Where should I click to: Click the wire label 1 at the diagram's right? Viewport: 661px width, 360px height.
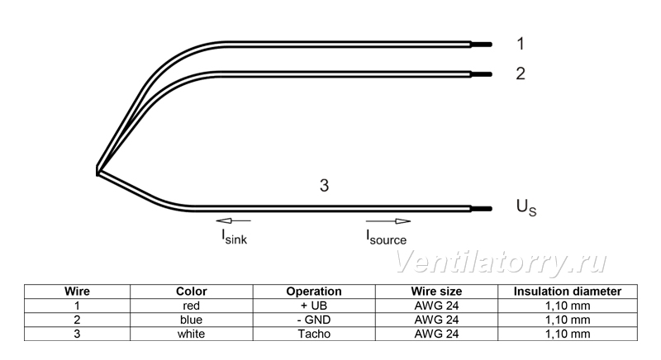coord(521,44)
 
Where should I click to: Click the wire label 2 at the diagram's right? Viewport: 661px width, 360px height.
coord(521,73)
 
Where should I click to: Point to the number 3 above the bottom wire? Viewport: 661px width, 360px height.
coord(324,185)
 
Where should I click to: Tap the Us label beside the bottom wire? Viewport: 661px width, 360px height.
coord(526,207)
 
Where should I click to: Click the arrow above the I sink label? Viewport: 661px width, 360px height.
coord(233,220)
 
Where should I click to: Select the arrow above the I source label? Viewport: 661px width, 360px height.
coord(388,221)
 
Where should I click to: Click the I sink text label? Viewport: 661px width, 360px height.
coord(235,237)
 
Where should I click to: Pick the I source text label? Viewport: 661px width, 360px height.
coord(386,237)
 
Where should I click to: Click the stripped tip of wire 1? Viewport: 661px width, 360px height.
coord(482,45)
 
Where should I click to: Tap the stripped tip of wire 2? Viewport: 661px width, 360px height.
coord(482,74)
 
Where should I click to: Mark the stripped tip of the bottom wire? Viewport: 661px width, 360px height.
coord(482,209)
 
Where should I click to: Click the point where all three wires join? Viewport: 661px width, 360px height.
coord(97,172)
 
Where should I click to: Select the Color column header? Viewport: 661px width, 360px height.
coord(192,291)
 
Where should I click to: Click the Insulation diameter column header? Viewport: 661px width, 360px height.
coord(568,291)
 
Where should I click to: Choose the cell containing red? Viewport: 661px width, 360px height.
coord(191,306)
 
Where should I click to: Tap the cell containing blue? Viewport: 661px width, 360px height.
coord(191,320)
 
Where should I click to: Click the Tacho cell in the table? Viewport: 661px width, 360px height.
coord(314,334)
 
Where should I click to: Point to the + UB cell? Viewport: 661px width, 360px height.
coord(314,306)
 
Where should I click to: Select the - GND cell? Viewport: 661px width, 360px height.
coord(314,320)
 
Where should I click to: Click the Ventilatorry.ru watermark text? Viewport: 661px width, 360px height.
coord(501,262)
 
